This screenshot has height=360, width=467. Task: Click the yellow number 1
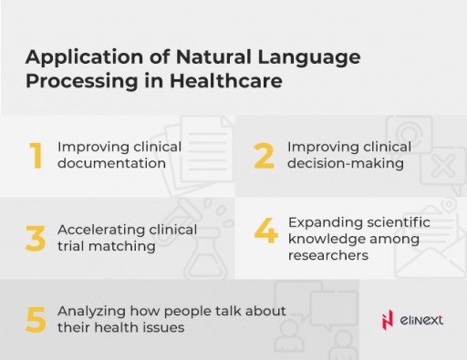tap(36, 156)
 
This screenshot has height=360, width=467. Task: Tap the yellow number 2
tap(265, 156)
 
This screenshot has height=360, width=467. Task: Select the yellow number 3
tap(36, 238)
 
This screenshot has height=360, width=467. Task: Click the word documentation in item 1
tap(111, 164)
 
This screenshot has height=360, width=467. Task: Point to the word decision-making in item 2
tap(346, 164)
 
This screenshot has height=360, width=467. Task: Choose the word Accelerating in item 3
tap(99, 230)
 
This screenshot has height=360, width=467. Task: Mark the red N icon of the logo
tap(386, 318)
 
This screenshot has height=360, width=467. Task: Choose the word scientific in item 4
tap(394, 221)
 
